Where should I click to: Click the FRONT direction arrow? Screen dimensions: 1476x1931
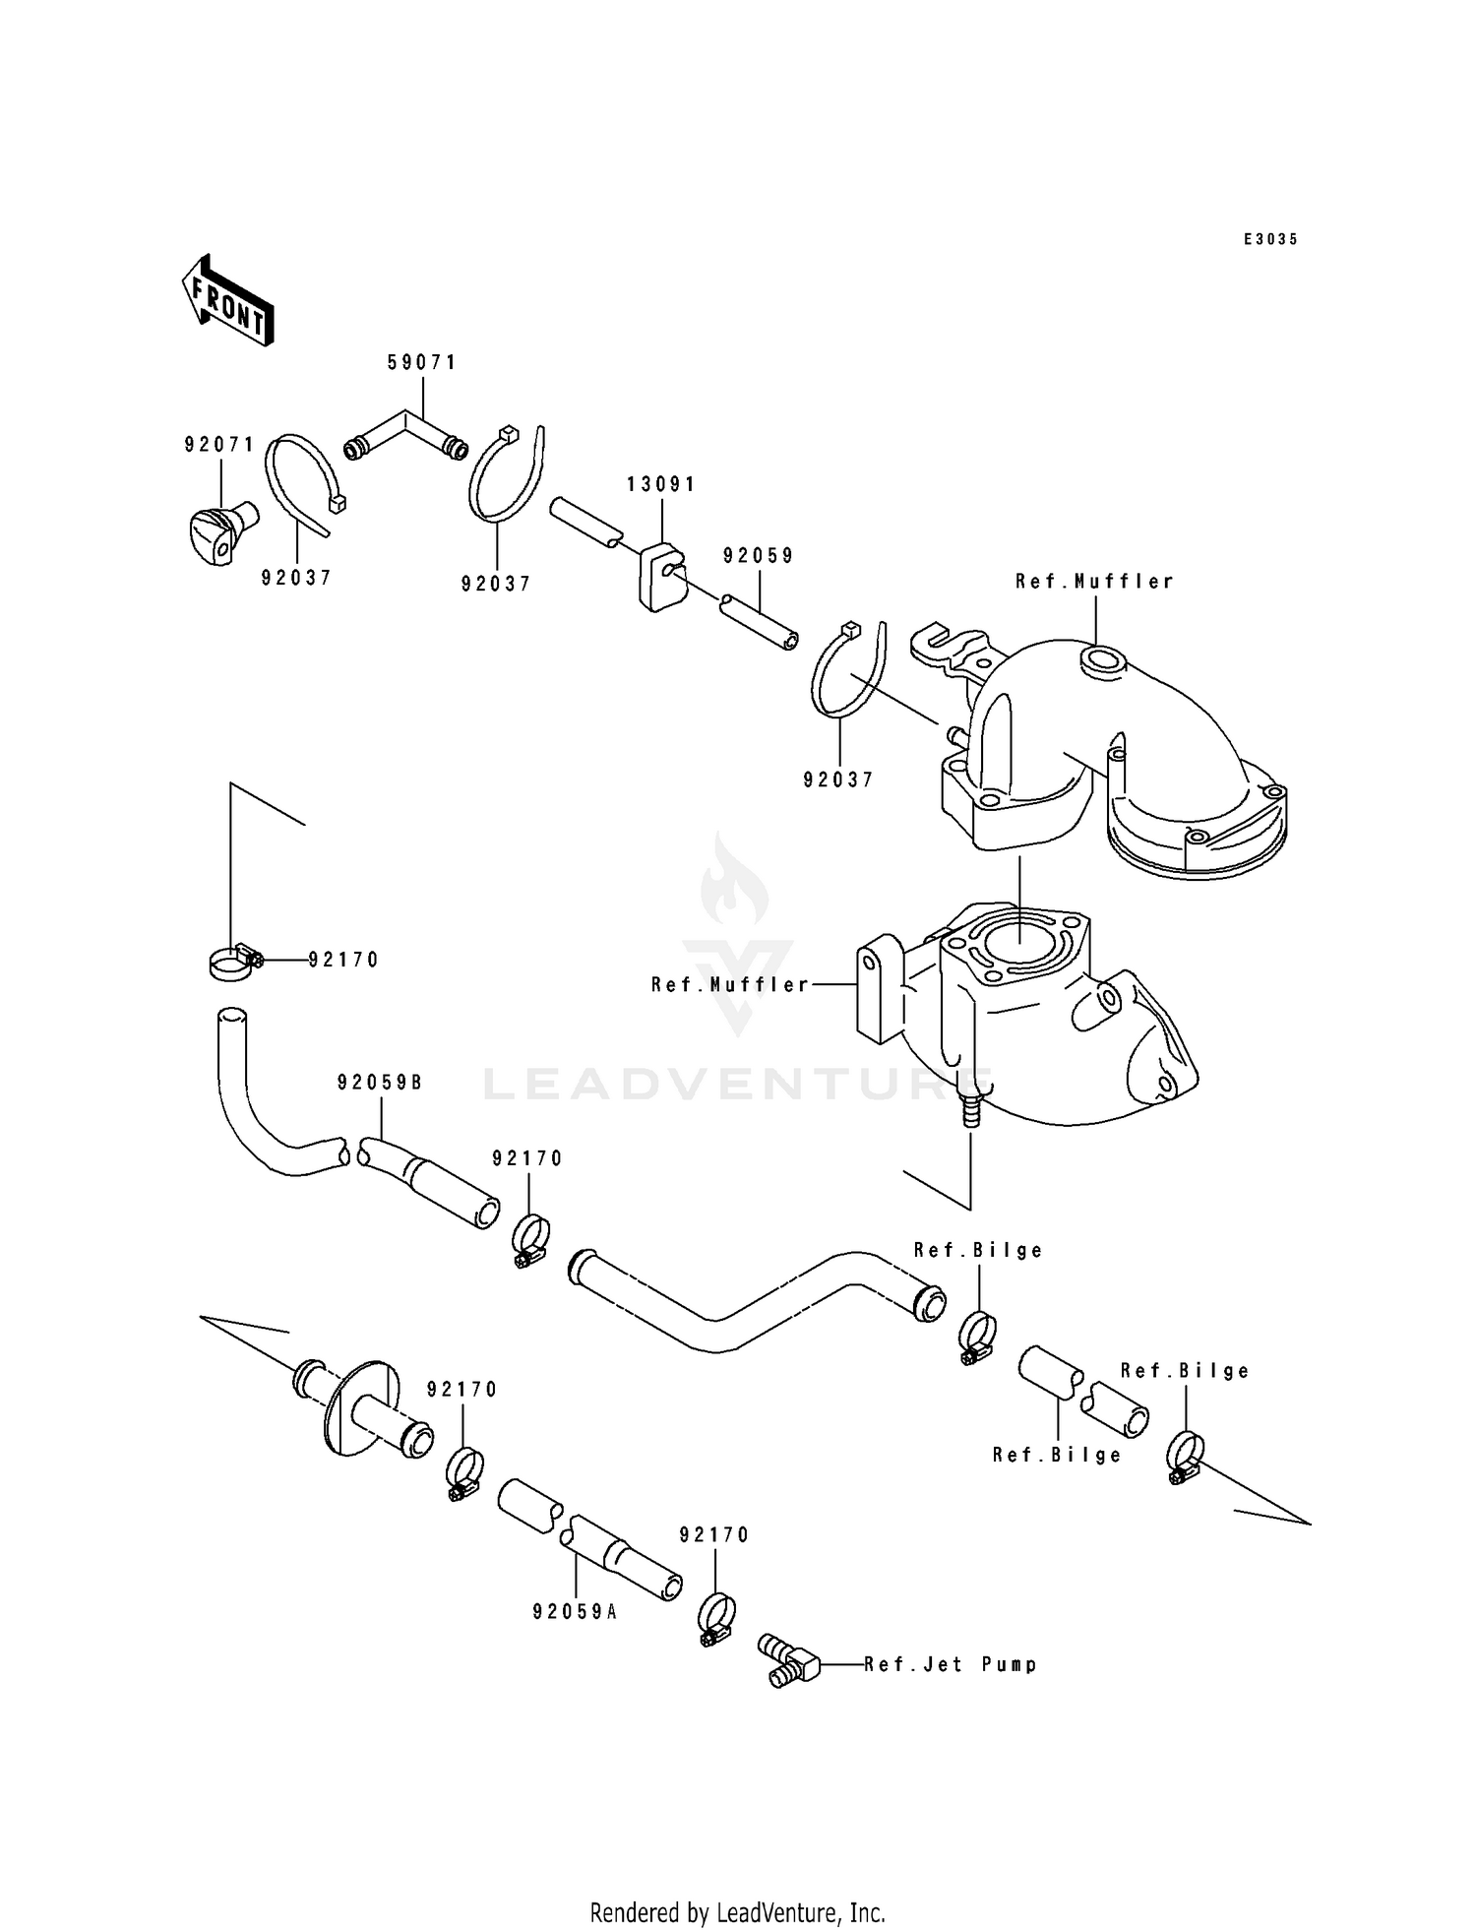coord(227,300)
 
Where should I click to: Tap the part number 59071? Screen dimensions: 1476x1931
coord(422,362)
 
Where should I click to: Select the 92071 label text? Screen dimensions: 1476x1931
coord(219,445)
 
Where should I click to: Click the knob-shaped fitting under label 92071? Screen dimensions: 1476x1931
coord(221,529)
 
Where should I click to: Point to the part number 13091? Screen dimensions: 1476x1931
coord(661,484)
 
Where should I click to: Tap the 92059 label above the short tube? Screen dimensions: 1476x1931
coord(758,555)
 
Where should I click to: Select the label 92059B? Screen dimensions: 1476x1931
coord(380,1083)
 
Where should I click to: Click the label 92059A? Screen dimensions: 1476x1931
coord(575,1612)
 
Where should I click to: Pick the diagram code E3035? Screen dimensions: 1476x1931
coord(1270,239)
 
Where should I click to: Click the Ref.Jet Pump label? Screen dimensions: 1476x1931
coord(951,1664)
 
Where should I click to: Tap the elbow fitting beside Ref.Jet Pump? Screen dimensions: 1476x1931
coord(788,1660)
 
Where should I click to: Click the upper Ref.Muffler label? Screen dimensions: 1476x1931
coord(1094,582)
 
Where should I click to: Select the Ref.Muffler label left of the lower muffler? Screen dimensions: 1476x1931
coord(730,984)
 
